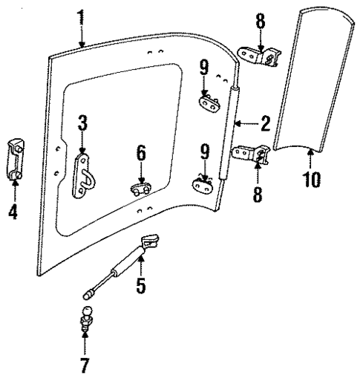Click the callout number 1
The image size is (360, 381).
80,17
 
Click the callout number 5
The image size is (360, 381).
141,284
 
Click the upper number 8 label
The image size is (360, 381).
261,20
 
